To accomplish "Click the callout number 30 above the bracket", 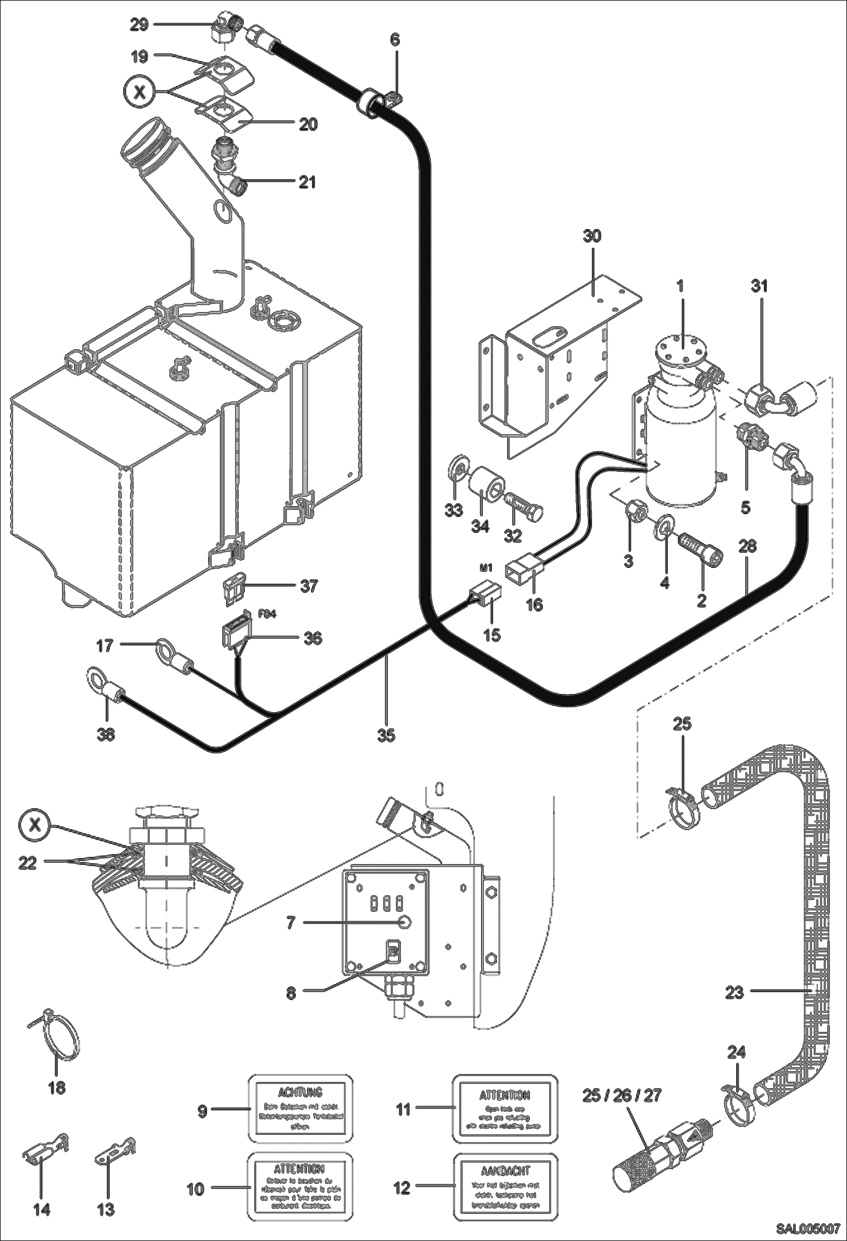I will (592, 236).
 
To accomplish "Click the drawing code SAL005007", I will (808, 1229).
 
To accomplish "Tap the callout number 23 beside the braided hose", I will (734, 992).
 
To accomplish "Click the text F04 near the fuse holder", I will (267, 614).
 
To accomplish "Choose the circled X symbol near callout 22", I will (35, 824).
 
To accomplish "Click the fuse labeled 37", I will (234, 585).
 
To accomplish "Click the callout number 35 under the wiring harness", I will (387, 735).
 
